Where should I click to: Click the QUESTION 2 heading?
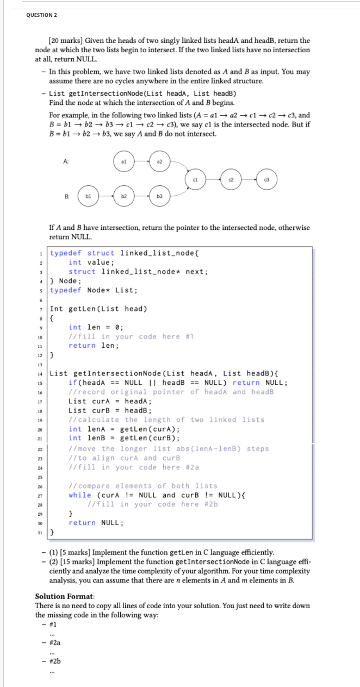click(x=42, y=15)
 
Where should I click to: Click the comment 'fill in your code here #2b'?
click(x=153, y=504)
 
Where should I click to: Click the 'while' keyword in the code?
click(x=80, y=495)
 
